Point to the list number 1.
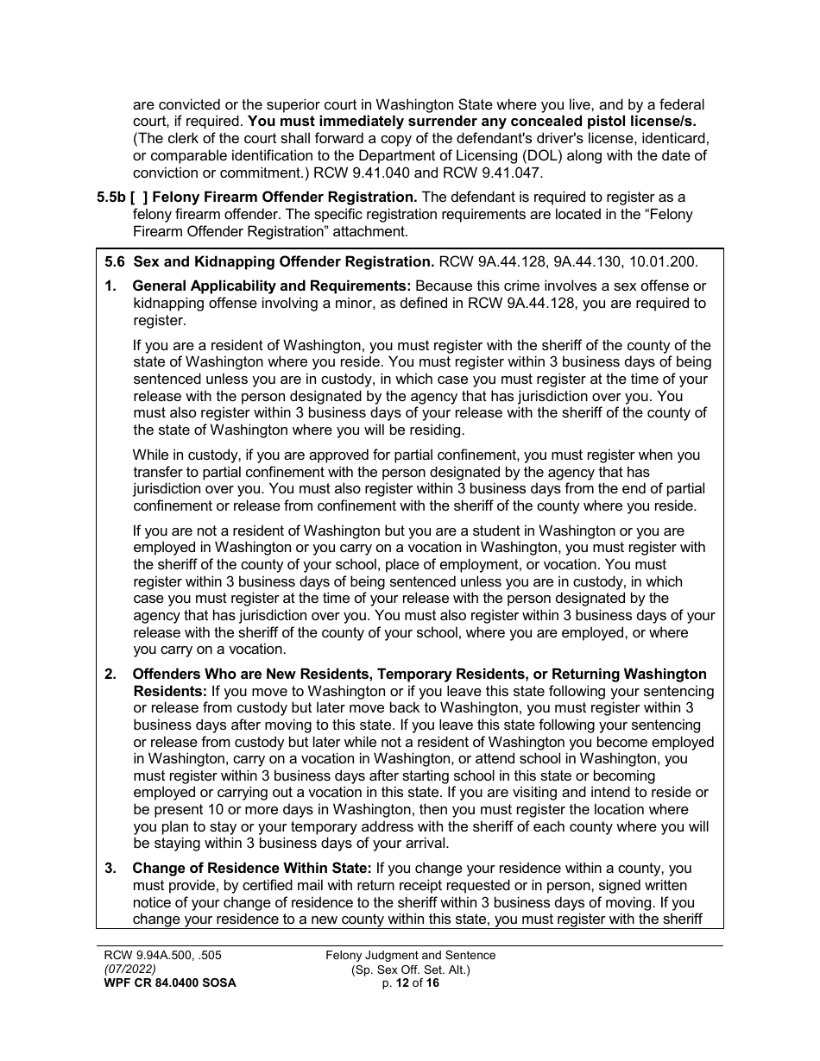coord(110,286)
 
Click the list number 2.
coord(110,675)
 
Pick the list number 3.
coord(110,869)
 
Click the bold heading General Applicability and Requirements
coord(272,286)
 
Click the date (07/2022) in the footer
coord(126,969)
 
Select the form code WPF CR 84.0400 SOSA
coord(166,983)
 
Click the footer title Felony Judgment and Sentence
coord(410,955)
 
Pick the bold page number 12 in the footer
coord(403,983)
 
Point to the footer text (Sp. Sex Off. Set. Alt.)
coord(410,969)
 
